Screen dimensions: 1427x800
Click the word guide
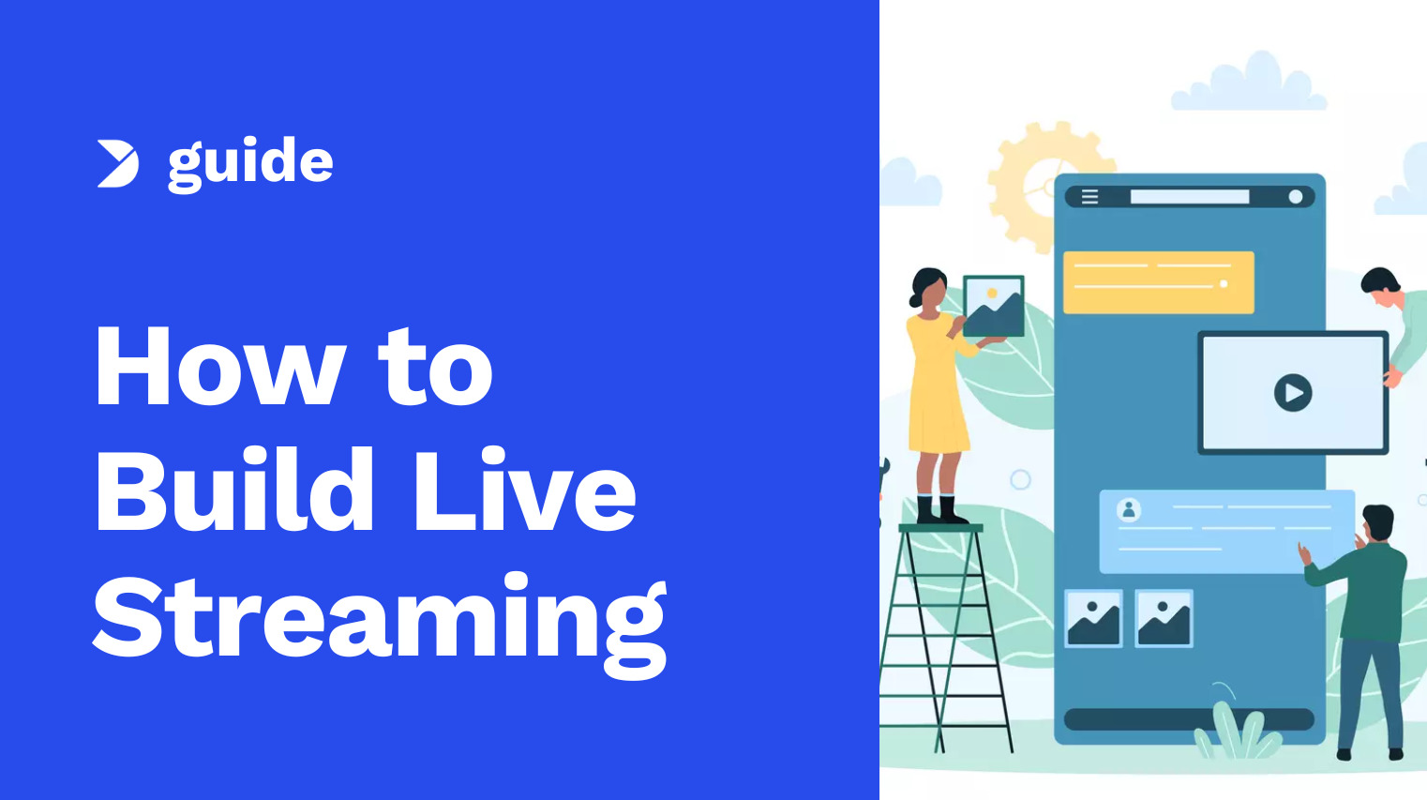coord(250,164)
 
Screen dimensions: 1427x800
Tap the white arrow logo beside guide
coord(118,164)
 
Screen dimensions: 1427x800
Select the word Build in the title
coord(233,489)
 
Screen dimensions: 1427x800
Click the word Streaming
coord(381,625)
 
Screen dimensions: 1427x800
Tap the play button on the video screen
coord(1293,393)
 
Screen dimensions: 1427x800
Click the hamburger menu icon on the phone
coord(1090,196)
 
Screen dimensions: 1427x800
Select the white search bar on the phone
coord(1190,196)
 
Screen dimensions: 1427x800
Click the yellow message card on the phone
coord(1159,282)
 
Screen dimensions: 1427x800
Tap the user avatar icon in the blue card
coord(1129,510)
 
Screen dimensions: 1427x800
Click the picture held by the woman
coord(993,306)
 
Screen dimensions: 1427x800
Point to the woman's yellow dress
coord(938,384)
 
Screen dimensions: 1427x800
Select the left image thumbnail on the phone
coord(1093,618)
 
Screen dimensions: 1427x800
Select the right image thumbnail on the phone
coord(1164,618)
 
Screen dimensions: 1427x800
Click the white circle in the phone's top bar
coord(1295,196)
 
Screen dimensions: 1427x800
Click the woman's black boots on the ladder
coord(942,509)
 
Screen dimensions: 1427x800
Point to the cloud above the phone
coord(1249,83)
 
